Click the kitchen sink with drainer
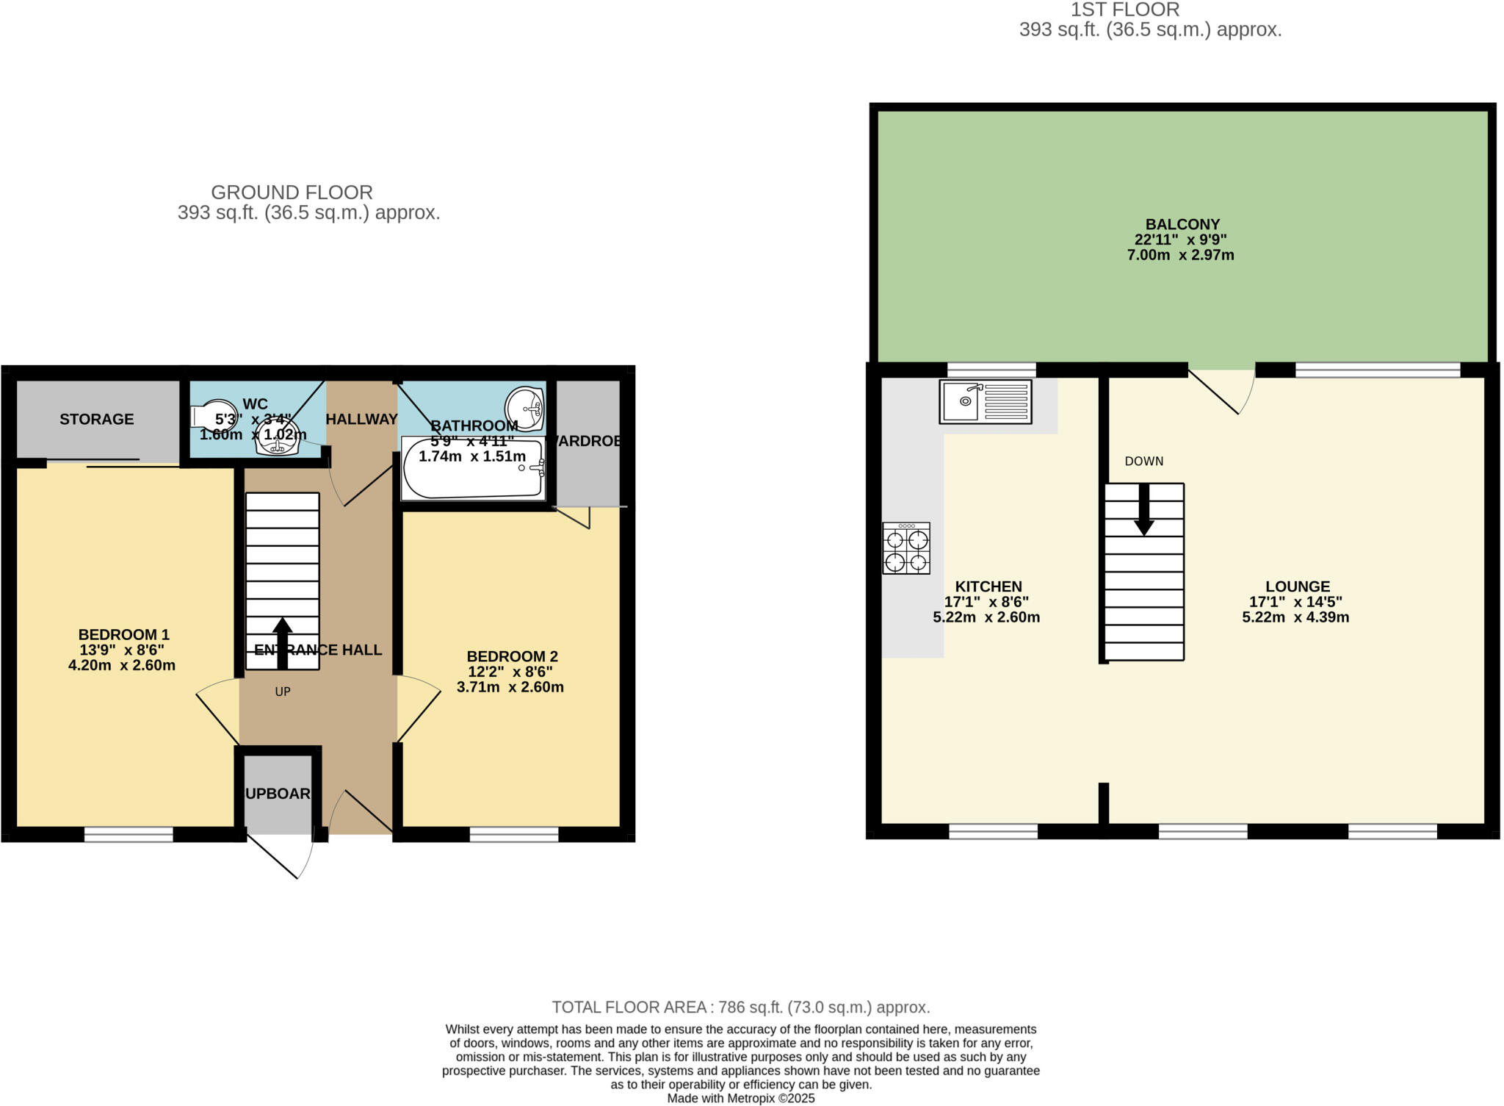click(985, 401)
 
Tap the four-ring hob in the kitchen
click(906, 548)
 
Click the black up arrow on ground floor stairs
click(283, 642)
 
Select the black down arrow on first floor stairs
click(1144, 509)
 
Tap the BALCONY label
click(1182, 224)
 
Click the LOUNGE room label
click(1298, 586)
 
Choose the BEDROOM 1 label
click(123, 634)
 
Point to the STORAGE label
click(97, 419)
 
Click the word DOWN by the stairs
click(1144, 462)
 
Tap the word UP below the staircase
click(283, 692)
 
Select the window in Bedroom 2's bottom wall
click(514, 833)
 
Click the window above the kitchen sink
click(991, 369)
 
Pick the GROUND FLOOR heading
click(292, 193)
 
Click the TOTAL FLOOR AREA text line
click(740, 1007)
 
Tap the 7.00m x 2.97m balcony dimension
click(1180, 256)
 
